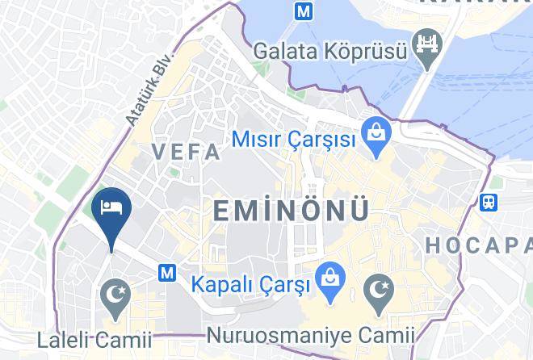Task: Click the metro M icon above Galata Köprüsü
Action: (304, 12)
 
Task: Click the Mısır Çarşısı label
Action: (294, 139)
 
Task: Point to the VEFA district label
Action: (186, 152)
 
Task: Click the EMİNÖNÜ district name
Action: (291, 210)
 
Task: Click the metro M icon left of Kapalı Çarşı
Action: (167, 273)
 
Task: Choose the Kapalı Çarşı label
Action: (251, 285)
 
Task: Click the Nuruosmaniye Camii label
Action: (311, 334)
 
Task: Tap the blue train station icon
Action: (489, 201)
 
